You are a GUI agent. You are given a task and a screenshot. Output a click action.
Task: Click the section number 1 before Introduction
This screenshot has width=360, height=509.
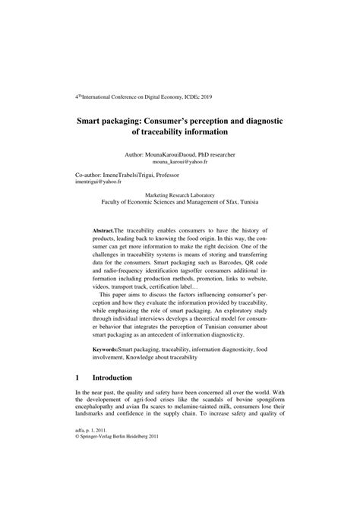coord(78,398)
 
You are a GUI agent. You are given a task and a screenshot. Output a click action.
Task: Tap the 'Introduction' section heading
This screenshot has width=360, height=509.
coord(112,398)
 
